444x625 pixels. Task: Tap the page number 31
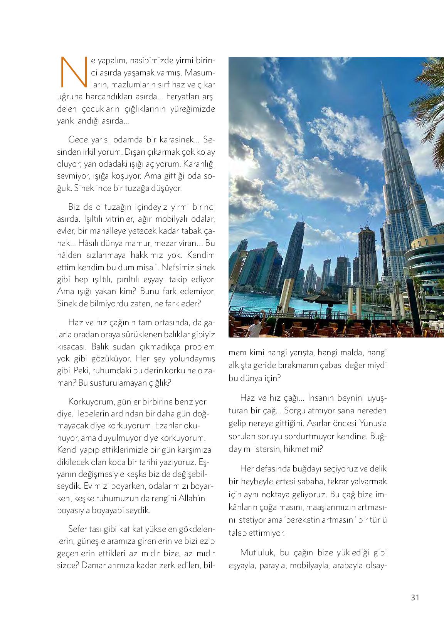[x=415, y=598]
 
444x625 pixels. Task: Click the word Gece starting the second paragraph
[x=78, y=139]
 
